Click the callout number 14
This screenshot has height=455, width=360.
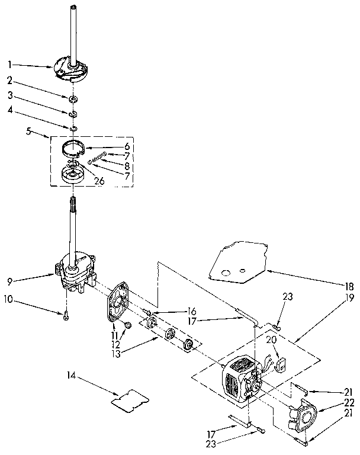72,375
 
